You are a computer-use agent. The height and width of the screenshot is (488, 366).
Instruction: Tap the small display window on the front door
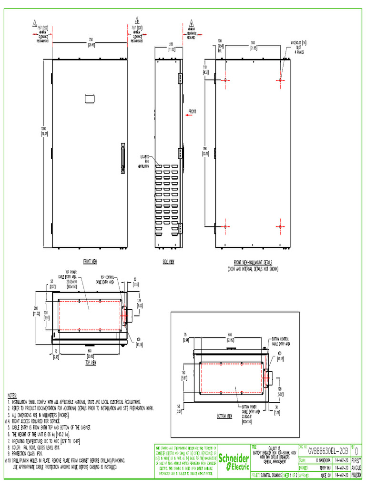coord(90,98)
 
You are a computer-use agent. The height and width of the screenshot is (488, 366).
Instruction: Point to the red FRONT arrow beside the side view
coord(191,113)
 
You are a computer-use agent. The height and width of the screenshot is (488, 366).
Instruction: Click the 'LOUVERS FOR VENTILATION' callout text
coord(144,161)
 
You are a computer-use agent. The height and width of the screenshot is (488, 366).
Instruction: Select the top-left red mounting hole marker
coord(225,80)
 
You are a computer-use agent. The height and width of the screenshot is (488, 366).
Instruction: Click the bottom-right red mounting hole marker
coord(281,226)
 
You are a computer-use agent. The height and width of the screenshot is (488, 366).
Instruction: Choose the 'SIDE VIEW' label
coord(168,262)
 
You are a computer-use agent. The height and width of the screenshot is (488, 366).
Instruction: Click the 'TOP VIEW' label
coord(91,362)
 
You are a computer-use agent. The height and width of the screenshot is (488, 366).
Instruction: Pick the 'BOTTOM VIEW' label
coord(224,416)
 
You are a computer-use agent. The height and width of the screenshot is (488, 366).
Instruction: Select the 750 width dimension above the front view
coord(90,41)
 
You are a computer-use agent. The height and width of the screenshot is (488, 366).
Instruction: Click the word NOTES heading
coord(12,396)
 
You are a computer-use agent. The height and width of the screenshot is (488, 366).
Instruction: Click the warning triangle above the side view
coord(192,22)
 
